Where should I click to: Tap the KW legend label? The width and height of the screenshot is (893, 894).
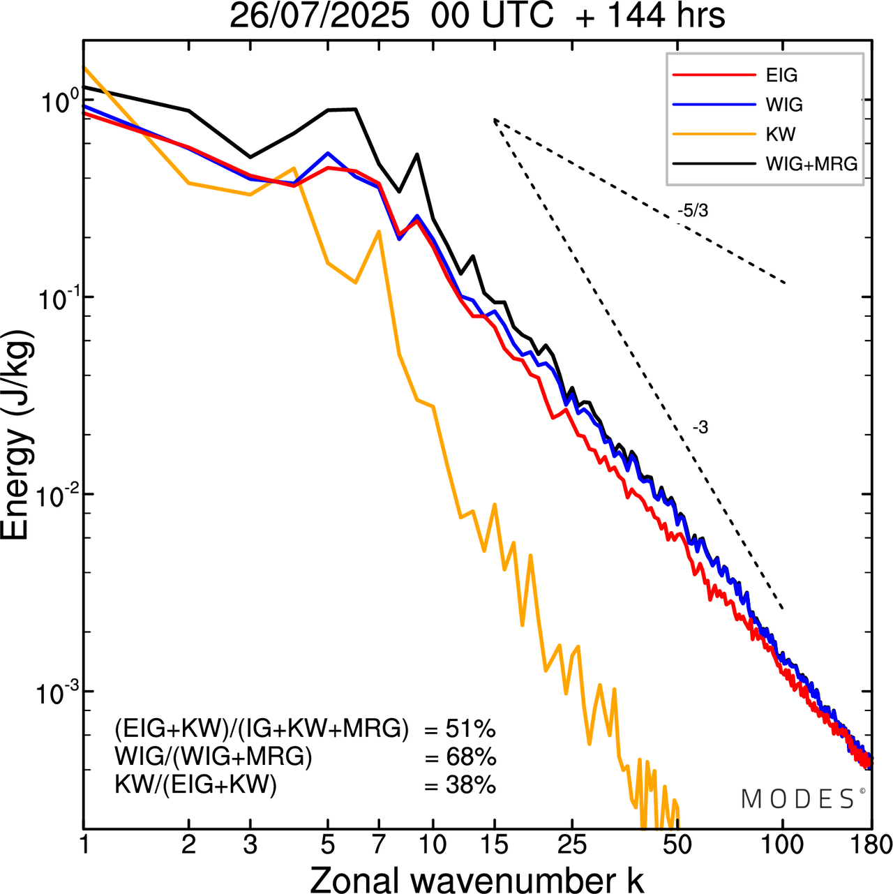(x=781, y=134)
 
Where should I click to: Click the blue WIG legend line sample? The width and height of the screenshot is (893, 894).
(x=714, y=105)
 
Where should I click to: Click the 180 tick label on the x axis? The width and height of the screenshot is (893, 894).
(x=869, y=844)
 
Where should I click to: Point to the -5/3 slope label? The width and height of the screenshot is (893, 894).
(x=692, y=210)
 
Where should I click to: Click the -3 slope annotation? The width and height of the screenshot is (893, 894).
(x=700, y=428)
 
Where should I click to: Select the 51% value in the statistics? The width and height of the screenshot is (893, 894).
(x=470, y=729)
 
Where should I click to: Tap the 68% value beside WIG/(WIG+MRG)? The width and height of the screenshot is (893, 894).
(x=470, y=757)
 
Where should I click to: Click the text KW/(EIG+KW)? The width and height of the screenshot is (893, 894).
(x=195, y=785)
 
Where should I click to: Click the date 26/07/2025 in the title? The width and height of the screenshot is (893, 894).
(x=319, y=16)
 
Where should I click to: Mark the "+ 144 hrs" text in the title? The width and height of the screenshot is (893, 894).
(x=650, y=16)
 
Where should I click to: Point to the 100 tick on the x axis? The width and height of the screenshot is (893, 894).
(x=783, y=844)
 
